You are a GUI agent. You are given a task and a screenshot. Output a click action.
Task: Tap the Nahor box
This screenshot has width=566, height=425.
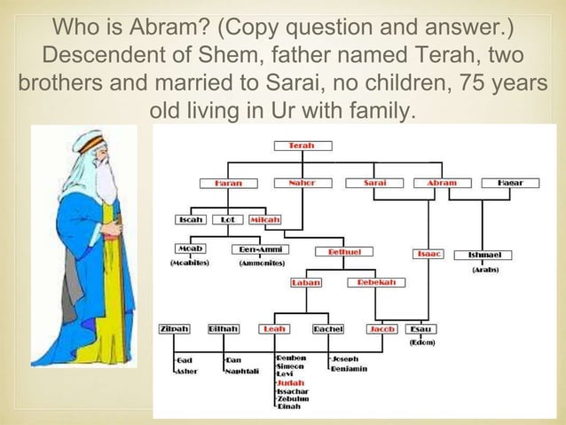coord(301,184)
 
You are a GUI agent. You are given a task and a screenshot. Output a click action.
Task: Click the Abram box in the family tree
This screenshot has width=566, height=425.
coord(442,184)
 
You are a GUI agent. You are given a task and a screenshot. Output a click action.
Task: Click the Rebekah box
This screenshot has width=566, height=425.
coord(376,282)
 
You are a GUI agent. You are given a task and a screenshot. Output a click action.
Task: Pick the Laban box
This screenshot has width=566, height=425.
coord(307,283)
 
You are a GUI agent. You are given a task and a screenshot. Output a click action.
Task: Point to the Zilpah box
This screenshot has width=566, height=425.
coord(173,329)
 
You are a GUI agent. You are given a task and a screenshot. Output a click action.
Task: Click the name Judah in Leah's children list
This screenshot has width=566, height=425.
coord(291,382)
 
